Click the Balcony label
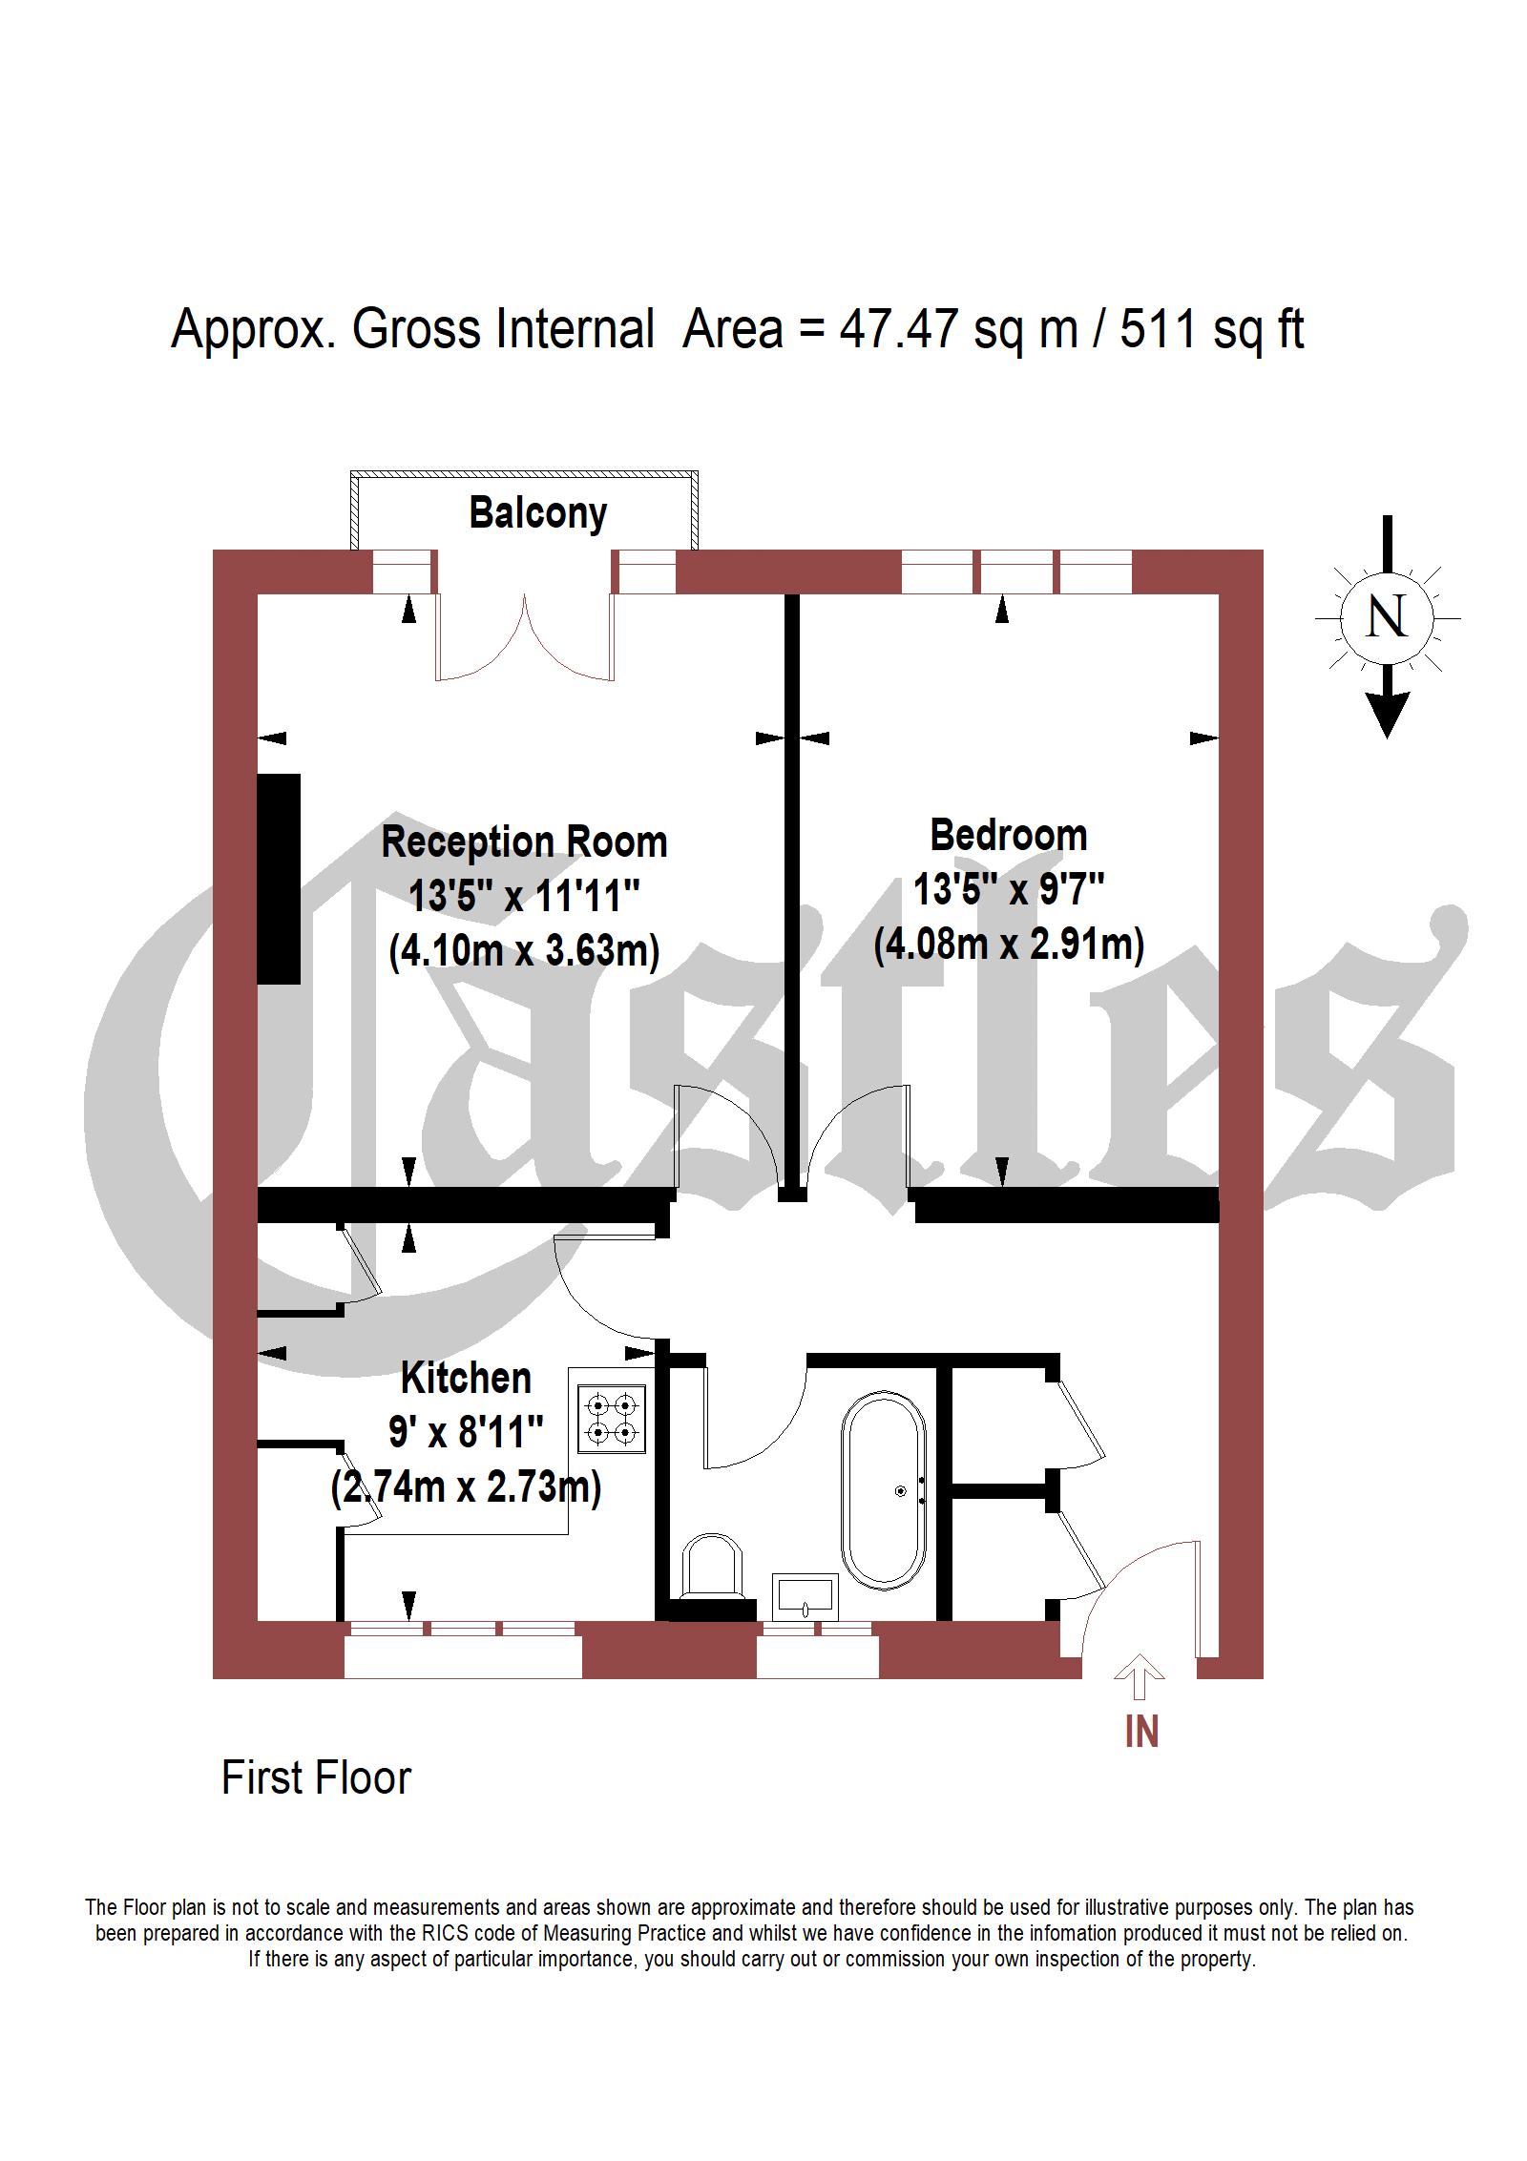537,514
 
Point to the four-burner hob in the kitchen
612,1419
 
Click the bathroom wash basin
806,1597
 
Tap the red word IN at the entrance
1141,1732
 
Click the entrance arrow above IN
1139,1676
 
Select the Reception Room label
524,842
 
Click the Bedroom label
1009,836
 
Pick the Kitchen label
466,1378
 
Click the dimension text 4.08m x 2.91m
1009,945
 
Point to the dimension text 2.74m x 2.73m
466,1487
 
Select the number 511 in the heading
1157,330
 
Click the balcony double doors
525,634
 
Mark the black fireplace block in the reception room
279,879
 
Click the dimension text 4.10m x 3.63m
524,951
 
